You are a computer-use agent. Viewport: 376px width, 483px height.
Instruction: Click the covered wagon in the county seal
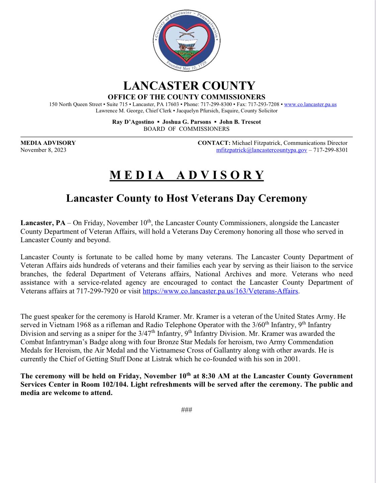pos(186,45)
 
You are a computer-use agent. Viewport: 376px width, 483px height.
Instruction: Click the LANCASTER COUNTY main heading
pos(189,86)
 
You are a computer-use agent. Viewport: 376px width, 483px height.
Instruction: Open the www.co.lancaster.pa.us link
pos(310,104)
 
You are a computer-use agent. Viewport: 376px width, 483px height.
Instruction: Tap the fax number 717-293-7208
pos(263,104)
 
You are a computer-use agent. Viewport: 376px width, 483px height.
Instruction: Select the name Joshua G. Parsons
pos(187,122)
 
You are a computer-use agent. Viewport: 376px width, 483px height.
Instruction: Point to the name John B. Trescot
pos(240,122)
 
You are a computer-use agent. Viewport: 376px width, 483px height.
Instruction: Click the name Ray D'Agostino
pos(133,122)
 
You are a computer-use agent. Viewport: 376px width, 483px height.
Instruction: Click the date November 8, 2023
pos(43,150)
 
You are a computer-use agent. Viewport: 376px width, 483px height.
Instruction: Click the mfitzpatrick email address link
pos(262,150)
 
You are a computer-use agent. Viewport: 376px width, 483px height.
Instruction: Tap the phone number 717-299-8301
pos(331,150)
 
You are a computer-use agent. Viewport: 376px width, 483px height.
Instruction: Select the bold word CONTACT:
pos(214,143)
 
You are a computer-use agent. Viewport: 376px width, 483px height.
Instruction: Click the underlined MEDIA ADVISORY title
pos(187,175)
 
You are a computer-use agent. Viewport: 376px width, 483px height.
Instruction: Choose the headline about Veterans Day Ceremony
pos(187,198)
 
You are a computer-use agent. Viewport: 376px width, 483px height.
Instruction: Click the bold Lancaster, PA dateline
pos(43,223)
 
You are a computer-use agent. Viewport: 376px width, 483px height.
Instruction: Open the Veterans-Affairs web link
pos(220,291)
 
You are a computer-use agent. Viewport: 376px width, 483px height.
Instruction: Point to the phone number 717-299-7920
pos(97,291)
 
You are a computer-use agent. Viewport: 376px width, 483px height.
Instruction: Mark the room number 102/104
pos(115,384)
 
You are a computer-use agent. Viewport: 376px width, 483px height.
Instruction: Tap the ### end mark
pos(186,410)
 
